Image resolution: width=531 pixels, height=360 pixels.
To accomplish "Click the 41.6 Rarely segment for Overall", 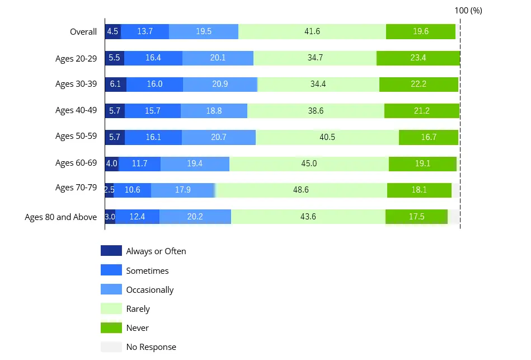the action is [312, 31].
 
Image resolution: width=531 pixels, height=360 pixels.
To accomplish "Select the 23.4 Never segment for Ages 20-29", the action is [418, 58].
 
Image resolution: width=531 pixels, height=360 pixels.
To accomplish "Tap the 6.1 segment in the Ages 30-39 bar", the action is [115, 85].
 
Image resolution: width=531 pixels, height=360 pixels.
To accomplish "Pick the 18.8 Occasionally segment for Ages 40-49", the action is [214, 111].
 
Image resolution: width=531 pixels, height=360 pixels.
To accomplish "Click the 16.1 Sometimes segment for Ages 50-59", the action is [153, 137].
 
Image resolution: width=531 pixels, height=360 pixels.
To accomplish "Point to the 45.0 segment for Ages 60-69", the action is [309, 163].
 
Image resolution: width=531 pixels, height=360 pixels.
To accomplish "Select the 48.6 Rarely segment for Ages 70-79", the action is [301, 190].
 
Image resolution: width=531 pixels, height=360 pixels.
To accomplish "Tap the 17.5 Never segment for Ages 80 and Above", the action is [416, 217].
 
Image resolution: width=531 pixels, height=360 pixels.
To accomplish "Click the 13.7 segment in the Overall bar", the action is [145, 31].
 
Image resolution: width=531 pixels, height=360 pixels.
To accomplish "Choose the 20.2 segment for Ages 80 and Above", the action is [195, 217].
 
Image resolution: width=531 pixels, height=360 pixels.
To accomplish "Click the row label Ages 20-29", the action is [76, 59].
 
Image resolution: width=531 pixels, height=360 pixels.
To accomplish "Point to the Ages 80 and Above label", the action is [61, 217].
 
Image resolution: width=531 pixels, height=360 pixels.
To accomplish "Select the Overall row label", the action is [83, 32].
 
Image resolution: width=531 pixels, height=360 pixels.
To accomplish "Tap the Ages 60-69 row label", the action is [76, 163].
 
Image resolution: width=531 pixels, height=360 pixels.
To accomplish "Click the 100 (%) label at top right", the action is [468, 11].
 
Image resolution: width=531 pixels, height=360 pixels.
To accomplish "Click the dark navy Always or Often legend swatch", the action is [111, 251].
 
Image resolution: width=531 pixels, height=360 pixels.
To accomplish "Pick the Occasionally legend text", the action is [150, 290].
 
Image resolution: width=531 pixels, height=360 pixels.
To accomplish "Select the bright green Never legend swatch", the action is [111, 328].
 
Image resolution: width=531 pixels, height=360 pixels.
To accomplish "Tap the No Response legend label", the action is [151, 347].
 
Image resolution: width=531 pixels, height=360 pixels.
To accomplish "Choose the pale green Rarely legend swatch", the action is [111, 308].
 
